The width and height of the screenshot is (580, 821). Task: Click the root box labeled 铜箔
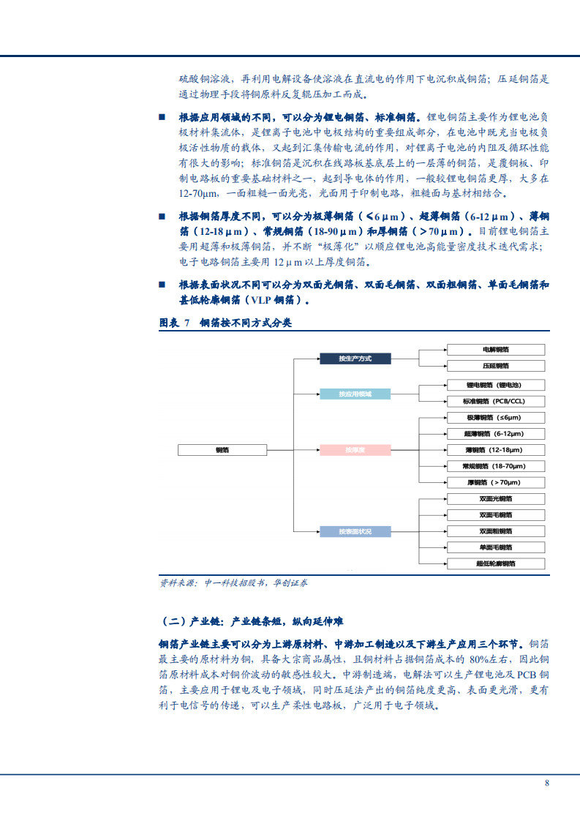pos(222,450)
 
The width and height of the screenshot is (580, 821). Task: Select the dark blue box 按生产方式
pos(355,359)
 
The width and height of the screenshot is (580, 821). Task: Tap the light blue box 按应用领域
pos(355,394)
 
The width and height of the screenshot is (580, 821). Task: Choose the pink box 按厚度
pos(355,450)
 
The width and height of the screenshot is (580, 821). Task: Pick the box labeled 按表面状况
pos(355,531)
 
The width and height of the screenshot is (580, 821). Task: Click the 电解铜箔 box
pos(496,350)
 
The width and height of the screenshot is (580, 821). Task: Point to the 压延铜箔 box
pos(496,365)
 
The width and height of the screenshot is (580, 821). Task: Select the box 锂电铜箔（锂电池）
pos(496,385)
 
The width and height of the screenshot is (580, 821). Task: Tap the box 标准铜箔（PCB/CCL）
pos(496,401)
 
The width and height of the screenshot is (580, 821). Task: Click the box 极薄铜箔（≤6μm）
pos(496,418)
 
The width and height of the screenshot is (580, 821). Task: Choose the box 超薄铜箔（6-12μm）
pos(496,434)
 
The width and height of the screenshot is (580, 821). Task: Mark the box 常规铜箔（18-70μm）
pos(496,466)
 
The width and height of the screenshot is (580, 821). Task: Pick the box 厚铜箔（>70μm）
pos(496,483)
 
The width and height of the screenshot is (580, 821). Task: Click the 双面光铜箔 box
pos(496,499)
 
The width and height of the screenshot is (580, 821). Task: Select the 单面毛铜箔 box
pos(496,547)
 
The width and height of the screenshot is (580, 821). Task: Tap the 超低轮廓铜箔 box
pos(496,563)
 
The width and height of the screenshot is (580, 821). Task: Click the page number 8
pos(546,783)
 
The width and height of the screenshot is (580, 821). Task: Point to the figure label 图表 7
pos(175,323)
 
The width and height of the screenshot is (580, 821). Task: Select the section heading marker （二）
pos(173,622)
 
